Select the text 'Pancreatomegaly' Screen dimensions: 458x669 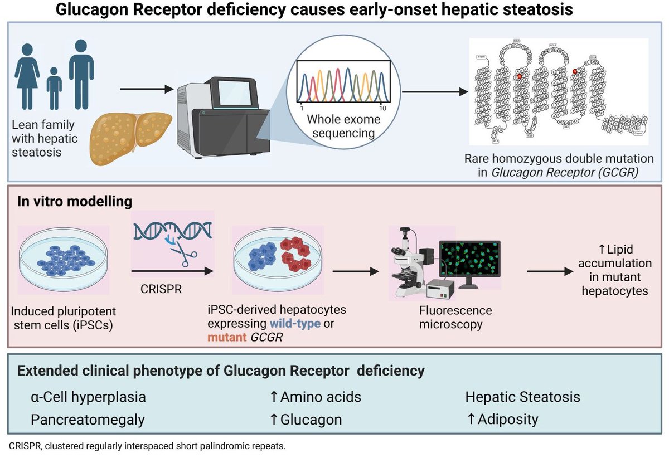coord(88,419)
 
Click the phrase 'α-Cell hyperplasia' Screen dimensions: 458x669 coord(89,397)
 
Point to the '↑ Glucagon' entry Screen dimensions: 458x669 coord(306,419)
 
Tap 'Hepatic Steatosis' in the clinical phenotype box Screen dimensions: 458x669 coord(522,397)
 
